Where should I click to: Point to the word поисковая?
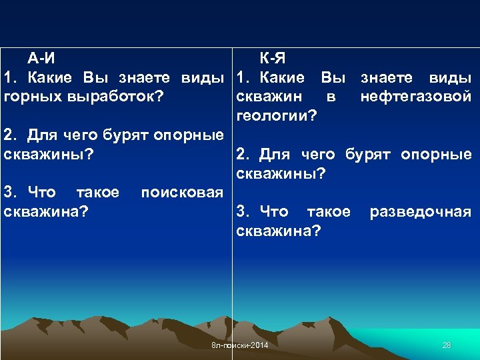point(181,193)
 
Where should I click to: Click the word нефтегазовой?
point(415,97)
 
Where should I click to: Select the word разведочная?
point(420,212)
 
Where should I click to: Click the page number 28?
point(447,345)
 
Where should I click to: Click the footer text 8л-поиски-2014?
point(239,345)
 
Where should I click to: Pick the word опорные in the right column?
point(436,155)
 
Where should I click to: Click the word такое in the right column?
point(328,212)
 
